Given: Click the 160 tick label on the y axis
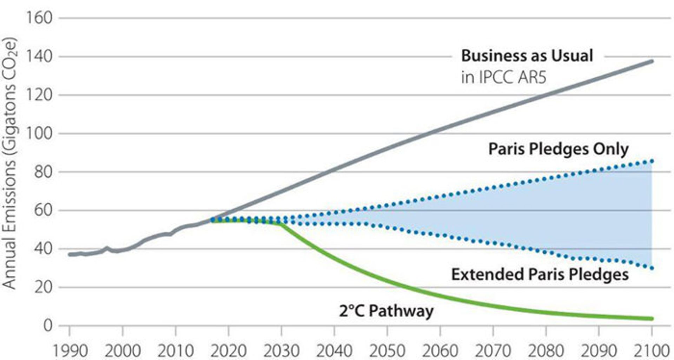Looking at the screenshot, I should pos(39,18).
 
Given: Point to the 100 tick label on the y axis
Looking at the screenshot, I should pos(39,133).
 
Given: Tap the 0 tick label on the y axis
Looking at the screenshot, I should pos(48,326).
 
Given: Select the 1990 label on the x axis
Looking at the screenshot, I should pos(70,351).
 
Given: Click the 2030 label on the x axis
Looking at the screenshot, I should pos(281,351).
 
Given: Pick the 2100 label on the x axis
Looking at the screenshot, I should pos(652,351).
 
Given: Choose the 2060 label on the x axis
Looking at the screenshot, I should pos(440,351).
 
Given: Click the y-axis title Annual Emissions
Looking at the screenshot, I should pos(10,163).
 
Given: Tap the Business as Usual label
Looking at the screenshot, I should pos(527,56).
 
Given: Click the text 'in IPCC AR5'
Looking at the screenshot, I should pos(504,77).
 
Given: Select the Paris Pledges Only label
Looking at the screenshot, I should pos(558,149).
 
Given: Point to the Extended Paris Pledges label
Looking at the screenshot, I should pos(540,274).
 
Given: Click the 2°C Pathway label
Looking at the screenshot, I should pos(386,311).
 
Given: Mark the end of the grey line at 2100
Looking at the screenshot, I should pos(652,61).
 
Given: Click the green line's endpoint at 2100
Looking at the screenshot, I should pos(652,319).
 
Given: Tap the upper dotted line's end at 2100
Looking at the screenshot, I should pos(652,161).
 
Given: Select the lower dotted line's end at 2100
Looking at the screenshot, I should pos(652,268).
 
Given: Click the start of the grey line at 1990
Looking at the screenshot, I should pos(70,254).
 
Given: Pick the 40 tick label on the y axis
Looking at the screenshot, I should pos(43,249).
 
